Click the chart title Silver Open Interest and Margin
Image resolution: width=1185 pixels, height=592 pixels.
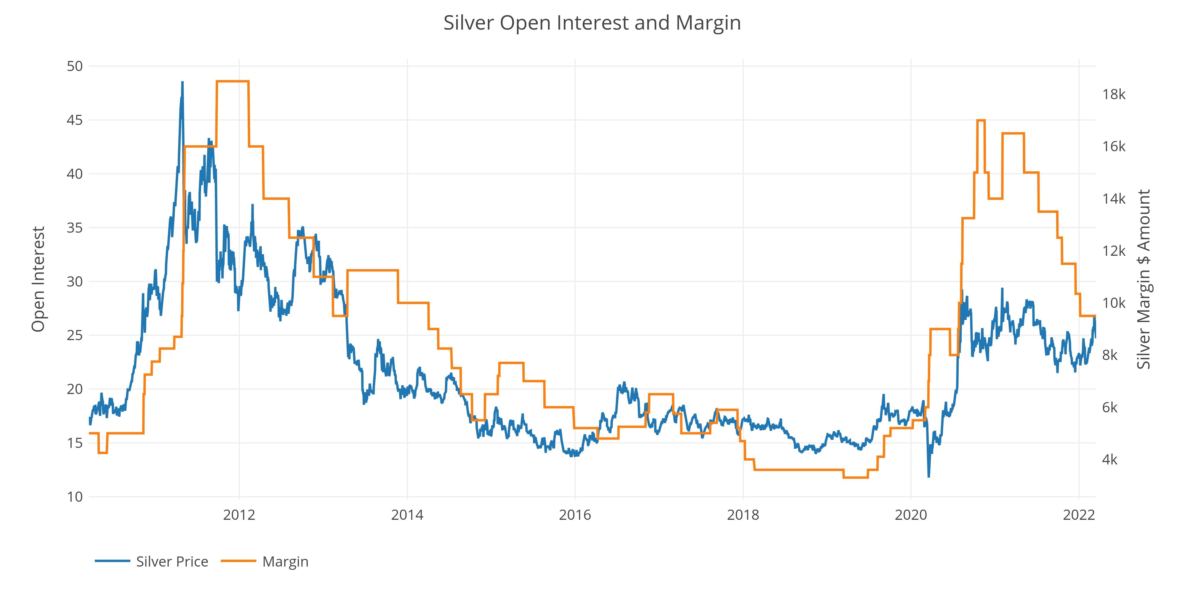click(592, 23)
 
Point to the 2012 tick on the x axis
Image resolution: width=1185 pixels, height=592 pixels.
click(239, 515)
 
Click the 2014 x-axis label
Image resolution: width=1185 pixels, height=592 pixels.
click(407, 515)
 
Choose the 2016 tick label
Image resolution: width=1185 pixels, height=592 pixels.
click(575, 515)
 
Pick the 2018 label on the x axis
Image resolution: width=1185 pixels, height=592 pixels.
click(743, 515)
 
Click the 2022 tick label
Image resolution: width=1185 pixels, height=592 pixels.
click(1079, 515)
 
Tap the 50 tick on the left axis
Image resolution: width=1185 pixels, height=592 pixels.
click(75, 66)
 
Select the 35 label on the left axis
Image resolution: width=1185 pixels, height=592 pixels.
click(75, 228)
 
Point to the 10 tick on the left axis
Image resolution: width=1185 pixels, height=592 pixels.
click(75, 497)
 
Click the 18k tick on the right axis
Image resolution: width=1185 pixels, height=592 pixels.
click(1114, 94)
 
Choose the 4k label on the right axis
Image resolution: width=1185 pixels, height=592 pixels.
click(1109, 460)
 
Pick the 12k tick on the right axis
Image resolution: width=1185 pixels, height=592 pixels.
click(1114, 251)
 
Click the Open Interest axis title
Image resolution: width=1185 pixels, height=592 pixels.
click(38, 279)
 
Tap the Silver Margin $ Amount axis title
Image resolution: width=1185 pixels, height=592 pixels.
click(1144, 279)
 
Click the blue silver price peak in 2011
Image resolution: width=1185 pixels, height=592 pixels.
click(182, 83)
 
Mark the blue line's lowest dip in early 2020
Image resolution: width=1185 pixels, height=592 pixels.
click(928, 476)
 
